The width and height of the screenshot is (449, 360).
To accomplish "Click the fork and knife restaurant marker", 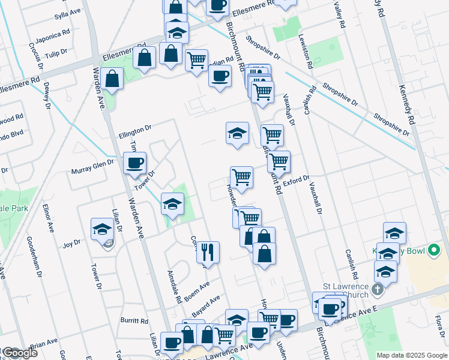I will [x=208, y=252].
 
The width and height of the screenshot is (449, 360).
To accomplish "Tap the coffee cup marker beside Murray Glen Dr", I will [x=134, y=163].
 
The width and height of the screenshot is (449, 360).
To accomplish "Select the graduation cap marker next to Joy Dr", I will [x=102, y=229].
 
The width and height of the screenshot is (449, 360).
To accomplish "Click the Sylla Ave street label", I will [x=67, y=12].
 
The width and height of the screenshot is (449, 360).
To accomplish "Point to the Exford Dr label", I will [x=296, y=179].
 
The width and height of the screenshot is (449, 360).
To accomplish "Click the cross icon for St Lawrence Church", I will [x=378, y=290].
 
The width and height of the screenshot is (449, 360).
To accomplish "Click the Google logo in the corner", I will [x=20, y=353].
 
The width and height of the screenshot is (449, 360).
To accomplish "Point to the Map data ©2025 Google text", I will [x=412, y=355].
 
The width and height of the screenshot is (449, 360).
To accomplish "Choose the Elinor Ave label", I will [x=47, y=220].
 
